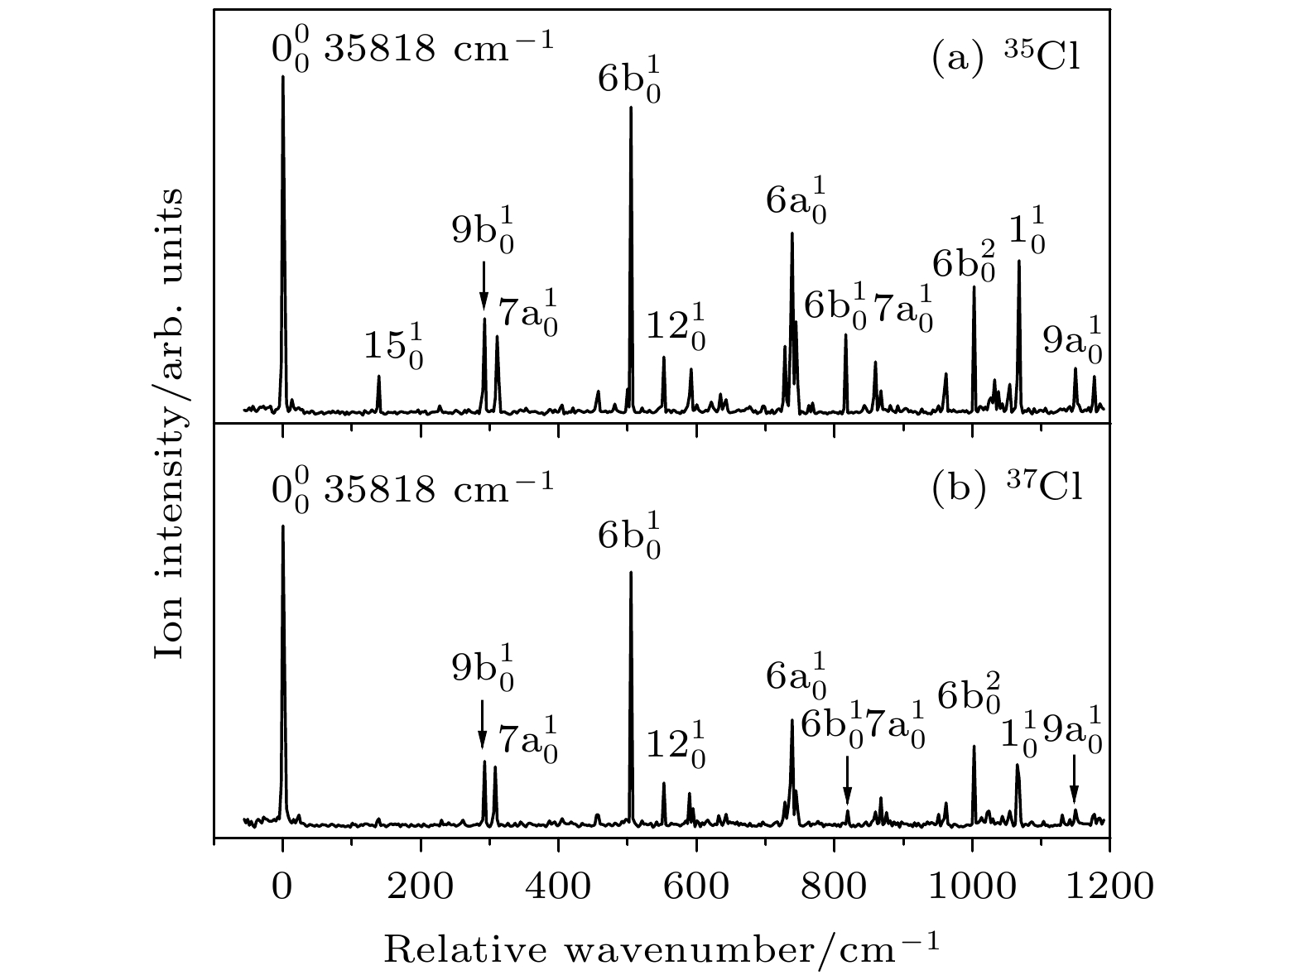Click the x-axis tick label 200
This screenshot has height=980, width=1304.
point(421,887)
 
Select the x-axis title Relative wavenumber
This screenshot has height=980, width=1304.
point(662,947)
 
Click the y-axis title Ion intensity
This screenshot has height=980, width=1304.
point(170,422)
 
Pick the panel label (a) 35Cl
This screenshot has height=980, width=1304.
point(1006,60)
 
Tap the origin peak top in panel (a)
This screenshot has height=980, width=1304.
point(283,77)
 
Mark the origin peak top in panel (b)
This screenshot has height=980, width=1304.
point(283,526)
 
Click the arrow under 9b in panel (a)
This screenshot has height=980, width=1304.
point(484,286)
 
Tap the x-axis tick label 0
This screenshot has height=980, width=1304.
point(283,887)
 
